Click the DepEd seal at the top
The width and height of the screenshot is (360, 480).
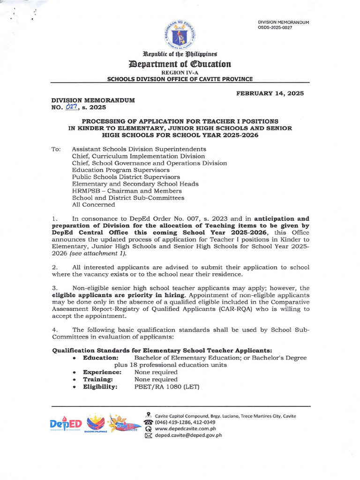tap(180, 34)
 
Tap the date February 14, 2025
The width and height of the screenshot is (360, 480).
tap(270, 93)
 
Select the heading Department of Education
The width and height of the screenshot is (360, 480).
tap(180, 64)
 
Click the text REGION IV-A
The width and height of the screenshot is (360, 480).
tap(180, 73)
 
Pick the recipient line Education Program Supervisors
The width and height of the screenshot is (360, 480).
tap(120, 170)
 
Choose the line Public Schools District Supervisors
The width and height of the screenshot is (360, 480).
tap(126, 177)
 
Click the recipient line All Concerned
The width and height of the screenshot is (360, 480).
tap(93, 204)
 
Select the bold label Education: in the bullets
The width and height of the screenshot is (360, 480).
tap(100, 358)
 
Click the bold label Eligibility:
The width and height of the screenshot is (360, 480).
tap(100, 387)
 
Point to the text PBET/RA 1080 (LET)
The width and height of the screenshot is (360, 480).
tap(167, 387)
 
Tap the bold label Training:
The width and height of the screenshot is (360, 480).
tap(97, 379)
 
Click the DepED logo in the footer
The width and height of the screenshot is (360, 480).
tap(65, 424)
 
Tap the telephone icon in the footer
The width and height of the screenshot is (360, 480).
tap(149, 422)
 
